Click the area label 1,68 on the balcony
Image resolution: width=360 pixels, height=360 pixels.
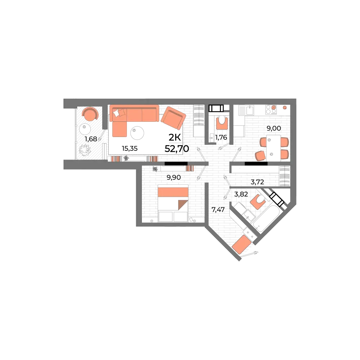coord(90,139)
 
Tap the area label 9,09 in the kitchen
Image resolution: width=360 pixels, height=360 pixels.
coord(273,129)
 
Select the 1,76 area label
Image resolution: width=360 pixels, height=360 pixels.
coord(221,137)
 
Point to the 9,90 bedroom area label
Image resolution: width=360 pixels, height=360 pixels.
coord(173,178)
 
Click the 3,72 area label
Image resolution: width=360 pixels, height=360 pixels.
coord(257,181)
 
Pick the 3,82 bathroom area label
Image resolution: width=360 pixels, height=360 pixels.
coord(241,194)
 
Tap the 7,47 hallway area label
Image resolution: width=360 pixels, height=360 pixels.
coord(218,210)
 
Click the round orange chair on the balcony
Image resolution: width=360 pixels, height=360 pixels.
coord(90,114)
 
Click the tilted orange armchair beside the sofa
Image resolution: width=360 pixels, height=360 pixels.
coord(173,118)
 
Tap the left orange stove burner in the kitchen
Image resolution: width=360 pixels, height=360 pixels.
coord(274,107)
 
